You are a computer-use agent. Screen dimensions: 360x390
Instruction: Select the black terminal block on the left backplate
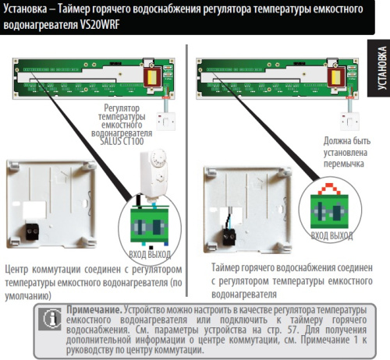(x=33, y=230)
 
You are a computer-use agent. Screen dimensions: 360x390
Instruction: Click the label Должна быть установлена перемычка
(x=343, y=154)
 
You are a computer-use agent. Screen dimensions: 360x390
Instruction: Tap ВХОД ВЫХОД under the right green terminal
(x=331, y=234)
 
